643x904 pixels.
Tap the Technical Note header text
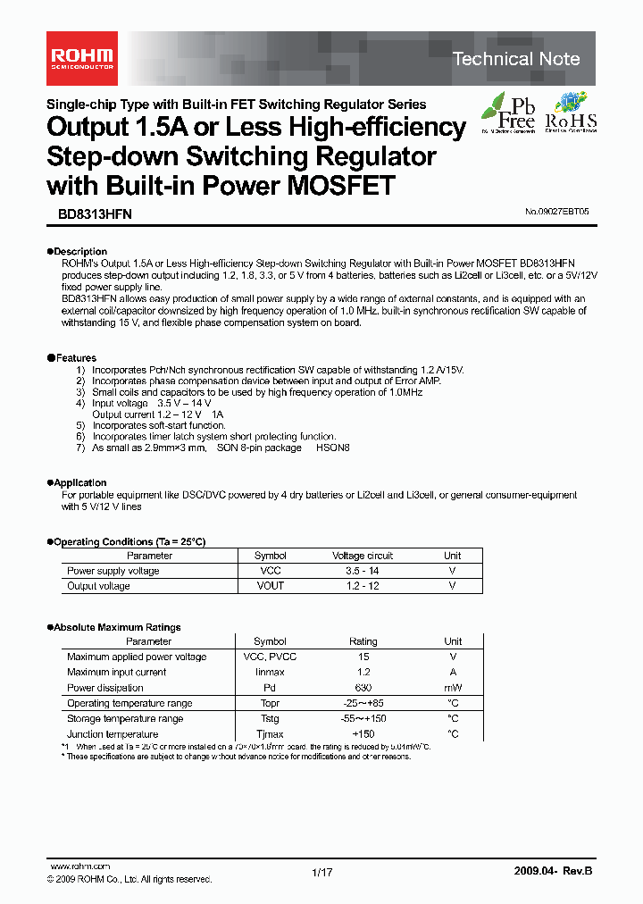(515, 59)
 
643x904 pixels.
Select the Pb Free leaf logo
(508, 113)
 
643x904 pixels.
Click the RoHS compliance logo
(570, 113)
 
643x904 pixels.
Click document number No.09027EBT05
(557, 213)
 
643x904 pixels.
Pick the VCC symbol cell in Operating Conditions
(270, 571)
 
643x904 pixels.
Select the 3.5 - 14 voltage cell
(363, 571)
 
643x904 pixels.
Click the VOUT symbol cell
(270, 586)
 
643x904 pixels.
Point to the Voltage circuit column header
(363, 556)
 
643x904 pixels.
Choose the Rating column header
(363, 641)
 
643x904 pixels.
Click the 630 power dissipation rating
(363, 688)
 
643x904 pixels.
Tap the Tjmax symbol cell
(270, 734)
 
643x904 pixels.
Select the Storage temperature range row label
(125, 718)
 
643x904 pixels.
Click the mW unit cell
(453, 688)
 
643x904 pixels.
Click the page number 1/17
(321, 873)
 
